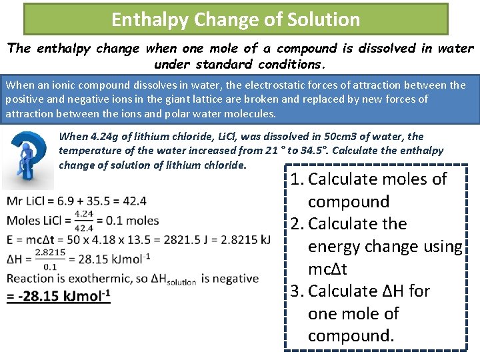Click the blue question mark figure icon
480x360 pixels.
(x=29, y=160)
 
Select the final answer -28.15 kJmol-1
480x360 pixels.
(x=59, y=295)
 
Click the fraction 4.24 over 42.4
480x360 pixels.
(x=84, y=221)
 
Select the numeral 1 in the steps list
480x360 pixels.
(x=297, y=179)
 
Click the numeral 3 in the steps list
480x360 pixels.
(x=297, y=291)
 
